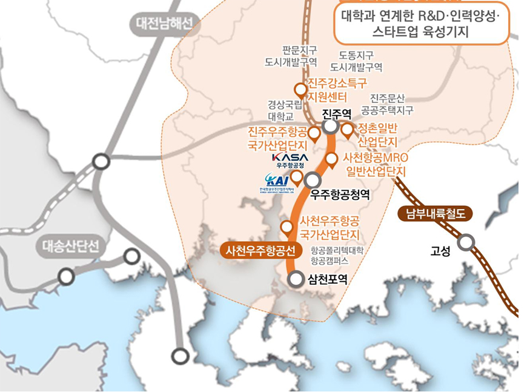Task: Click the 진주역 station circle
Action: point(331,127)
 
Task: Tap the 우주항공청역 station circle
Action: point(313,180)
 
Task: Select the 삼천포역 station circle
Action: point(296,279)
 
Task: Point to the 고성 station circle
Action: point(465,243)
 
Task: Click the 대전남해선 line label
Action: point(164,24)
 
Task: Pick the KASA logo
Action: point(290,157)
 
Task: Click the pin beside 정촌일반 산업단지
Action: point(347,130)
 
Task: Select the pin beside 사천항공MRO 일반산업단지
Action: point(332,160)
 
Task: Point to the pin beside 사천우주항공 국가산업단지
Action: point(287,228)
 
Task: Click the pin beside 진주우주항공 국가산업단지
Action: point(314,133)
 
